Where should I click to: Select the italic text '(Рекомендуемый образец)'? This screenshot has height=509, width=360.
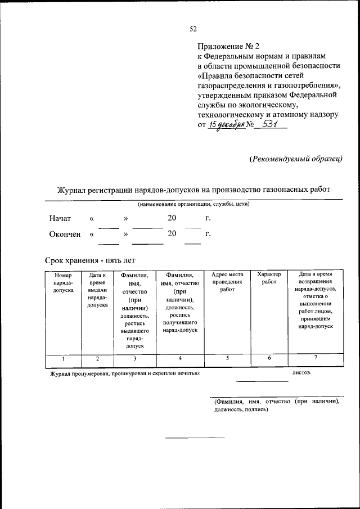296,159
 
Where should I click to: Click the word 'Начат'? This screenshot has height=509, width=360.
60,218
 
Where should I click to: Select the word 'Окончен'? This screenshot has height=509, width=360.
65,233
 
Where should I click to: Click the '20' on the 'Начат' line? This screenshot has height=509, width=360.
172,218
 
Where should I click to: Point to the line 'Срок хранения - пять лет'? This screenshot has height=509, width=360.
90,260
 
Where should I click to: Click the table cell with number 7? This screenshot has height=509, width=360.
316,358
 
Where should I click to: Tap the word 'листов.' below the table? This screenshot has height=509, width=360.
302,372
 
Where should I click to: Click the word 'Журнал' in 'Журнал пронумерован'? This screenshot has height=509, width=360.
61,373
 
